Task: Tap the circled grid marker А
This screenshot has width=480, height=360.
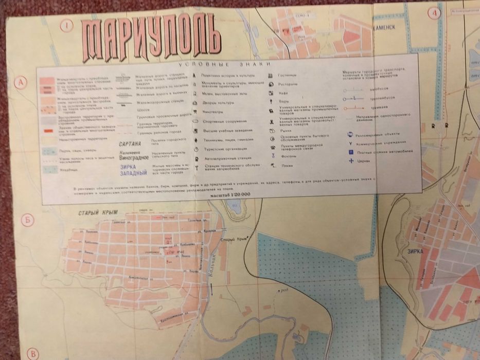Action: [x=21, y=82]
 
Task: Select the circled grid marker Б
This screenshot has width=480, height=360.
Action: [x=28, y=221]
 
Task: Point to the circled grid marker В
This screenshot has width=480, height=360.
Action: [x=33, y=353]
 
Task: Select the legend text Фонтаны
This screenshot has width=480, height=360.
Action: [x=288, y=156]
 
